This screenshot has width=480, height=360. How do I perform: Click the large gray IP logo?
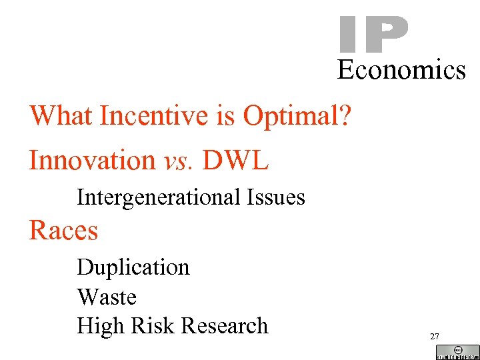373,35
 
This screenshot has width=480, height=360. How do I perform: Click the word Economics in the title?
401,69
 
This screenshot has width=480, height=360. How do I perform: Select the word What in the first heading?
61,116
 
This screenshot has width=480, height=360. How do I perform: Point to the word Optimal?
297,117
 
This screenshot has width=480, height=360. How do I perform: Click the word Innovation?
92,160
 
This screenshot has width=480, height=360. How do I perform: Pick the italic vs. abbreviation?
179,161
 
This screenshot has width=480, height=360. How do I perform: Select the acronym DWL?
236,160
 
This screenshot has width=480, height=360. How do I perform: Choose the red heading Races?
63,231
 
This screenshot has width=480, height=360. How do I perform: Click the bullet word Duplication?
133,267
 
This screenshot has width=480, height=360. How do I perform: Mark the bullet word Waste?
107,297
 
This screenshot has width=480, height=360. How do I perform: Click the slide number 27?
435,337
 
